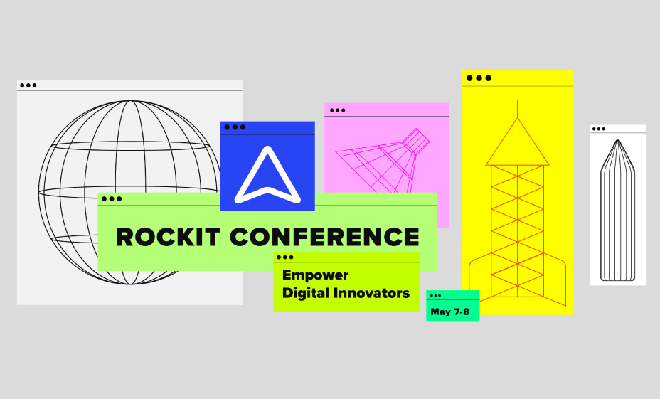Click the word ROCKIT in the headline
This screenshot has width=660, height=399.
click(x=168, y=237)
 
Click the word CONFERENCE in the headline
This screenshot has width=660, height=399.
click(x=324, y=237)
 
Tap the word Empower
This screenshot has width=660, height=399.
click(x=315, y=275)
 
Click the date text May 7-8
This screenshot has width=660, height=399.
click(x=450, y=312)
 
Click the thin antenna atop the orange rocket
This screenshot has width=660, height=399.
click(x=517, y=109)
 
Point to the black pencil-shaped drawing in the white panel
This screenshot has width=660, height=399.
click(x=617, y=211)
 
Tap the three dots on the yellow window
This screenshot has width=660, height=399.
click(x=479, y=78)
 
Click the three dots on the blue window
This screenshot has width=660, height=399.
click(x=235, y=127)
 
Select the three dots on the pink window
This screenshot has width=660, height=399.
click(x=338, y=110)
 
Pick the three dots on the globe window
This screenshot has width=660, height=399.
click(x=28, y=85)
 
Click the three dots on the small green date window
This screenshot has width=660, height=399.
click(x=436, y=296)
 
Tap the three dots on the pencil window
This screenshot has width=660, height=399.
click(x=599, y=129)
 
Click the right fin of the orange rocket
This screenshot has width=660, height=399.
click(x=555, y=279)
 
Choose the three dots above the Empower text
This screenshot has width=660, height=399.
click(x=285, y=257)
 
